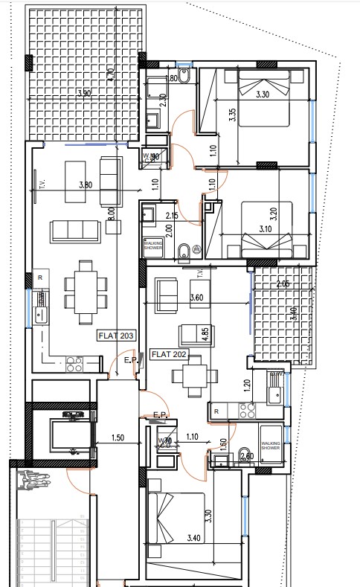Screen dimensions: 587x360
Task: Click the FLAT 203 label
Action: pyautogui.click(x=117, y=336)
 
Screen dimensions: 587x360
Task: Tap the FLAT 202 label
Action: pyautogui.click(x=168, y=354)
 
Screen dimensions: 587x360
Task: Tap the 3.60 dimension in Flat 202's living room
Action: pyautogui.click(x=196, y=298)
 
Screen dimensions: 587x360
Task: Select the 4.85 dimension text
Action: pyautogui.click(x=205, y=333)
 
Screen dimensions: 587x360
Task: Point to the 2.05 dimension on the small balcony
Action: pyautogui.click(x=282, y=283)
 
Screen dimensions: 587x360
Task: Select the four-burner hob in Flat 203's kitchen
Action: pyautogui.click(x=74, y=364)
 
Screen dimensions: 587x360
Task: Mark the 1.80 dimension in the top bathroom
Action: pyautogui.click(x=170, y=78)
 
